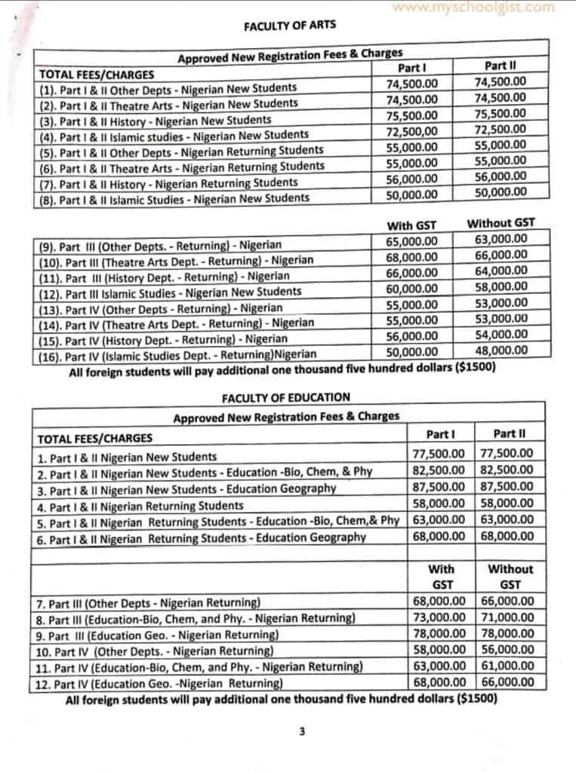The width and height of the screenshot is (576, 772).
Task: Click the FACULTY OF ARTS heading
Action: (x=290, y=25)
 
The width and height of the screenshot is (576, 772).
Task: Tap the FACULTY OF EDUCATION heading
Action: (x=286, y=397)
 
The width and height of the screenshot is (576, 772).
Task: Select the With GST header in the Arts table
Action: (x=411, y=225)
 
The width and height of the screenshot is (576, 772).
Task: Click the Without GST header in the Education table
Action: (x=510, y=577)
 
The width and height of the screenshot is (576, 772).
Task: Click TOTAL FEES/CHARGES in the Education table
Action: (x=95, y=438)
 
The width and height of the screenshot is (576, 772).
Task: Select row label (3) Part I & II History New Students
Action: (x=155, y=120)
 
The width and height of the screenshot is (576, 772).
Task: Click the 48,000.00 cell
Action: (x=501, y=351)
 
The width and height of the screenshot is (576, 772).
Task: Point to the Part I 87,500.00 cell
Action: (x=442, y=487)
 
